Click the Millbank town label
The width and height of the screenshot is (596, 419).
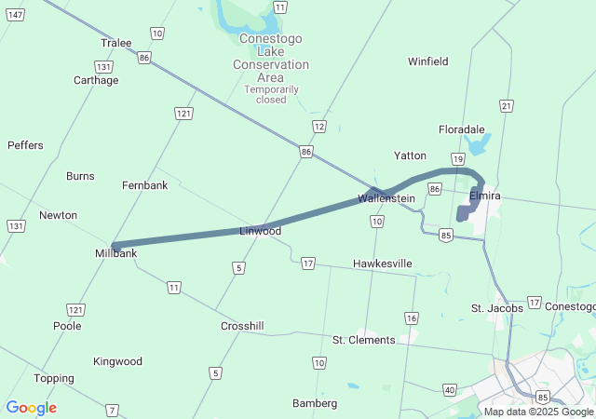[116, 253]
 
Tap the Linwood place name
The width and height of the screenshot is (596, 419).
[260, 231]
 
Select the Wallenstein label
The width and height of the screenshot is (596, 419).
[386, 198]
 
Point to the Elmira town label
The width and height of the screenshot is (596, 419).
[485, 196]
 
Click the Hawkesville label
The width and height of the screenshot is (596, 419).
[382, 264]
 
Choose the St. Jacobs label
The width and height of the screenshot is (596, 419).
[496, 308]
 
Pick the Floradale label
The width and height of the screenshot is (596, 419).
[462, 129]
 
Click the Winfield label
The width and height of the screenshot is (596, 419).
[428, 61]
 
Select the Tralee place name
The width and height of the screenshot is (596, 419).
[115, 43]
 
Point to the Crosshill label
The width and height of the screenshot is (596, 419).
[242, 327]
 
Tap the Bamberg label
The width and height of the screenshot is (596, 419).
[315, 403]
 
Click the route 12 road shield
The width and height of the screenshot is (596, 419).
[319, 126]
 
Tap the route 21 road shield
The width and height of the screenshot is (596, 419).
[506, 105]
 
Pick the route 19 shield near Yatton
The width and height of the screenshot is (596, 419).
[457, 159]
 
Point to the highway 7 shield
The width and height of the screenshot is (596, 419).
[113, 410]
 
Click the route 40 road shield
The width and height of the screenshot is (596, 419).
[451, 389]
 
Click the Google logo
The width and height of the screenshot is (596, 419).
[32, 408]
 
